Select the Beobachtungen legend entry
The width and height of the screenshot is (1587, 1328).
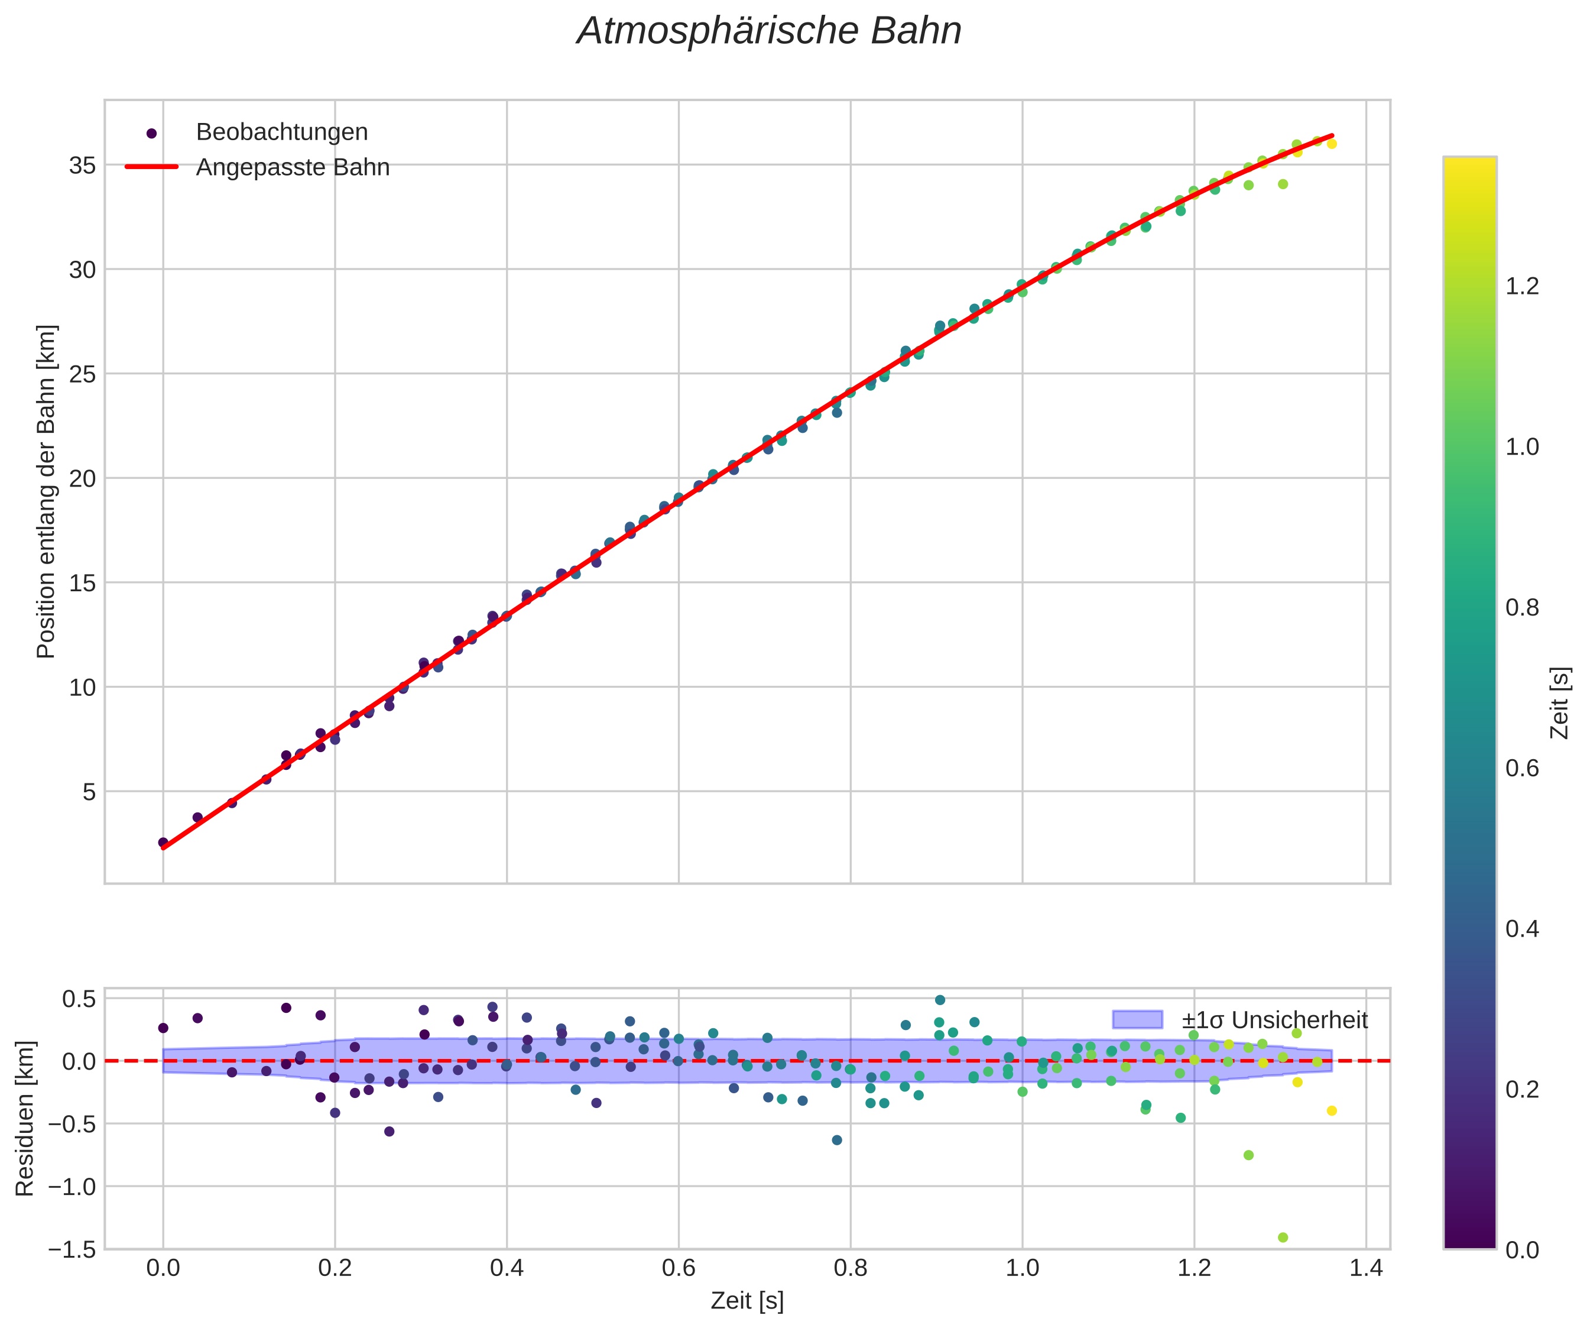pos(281,132)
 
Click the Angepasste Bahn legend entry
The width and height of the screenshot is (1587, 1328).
pos(293,167)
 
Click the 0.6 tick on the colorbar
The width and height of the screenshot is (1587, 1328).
pos(1522,768)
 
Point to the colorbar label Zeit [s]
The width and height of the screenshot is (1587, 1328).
pos(1559,703)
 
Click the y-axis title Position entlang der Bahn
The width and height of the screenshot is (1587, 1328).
pos(46,491)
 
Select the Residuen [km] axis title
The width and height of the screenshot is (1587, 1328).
pos(25,1119)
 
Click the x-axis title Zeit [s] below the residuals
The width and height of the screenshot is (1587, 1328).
pos(747,1301)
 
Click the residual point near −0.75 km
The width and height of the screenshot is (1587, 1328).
pos(1248,1155)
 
